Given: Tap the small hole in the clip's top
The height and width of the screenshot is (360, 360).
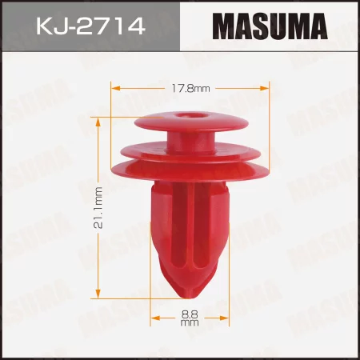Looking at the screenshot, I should (191, 116).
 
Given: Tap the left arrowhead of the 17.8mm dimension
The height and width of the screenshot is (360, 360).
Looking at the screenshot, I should (114, 86).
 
